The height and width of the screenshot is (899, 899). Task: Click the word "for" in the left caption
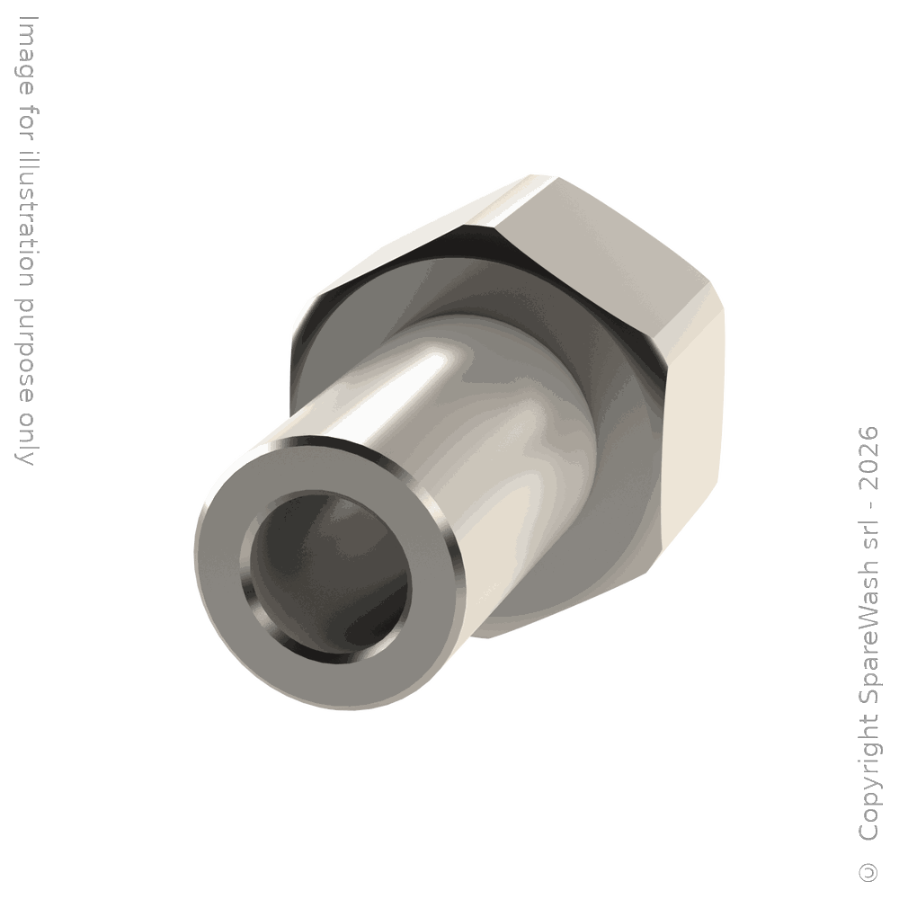[26, 122]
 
